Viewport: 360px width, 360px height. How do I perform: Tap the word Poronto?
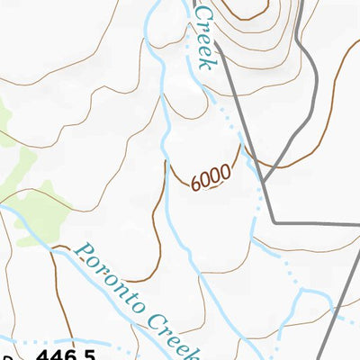pyautogui.click(x=110, y=278)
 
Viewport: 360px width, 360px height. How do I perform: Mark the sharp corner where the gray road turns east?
pyautogui.click(x=274, y=221)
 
